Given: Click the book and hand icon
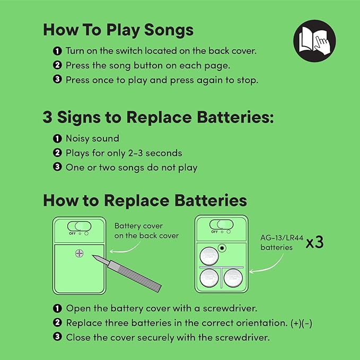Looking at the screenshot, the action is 314,41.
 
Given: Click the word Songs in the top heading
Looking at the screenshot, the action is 169,30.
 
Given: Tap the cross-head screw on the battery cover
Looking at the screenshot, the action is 79,253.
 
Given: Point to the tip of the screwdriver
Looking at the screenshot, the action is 93,256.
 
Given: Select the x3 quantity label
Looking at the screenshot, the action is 315,242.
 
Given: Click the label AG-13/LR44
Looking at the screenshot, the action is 282,238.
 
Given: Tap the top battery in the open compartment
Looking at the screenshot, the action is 209,256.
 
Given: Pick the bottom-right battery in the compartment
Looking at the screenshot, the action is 233,278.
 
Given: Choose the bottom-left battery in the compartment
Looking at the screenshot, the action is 209,278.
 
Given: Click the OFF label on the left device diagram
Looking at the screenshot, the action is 72,233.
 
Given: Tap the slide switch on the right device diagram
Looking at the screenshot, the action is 221,224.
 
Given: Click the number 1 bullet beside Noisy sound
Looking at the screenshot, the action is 57,139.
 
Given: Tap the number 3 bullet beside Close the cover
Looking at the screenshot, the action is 57,337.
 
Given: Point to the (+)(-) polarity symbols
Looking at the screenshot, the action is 301,323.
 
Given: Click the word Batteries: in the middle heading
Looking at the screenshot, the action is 235,117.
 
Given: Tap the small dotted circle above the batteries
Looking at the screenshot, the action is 222,248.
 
